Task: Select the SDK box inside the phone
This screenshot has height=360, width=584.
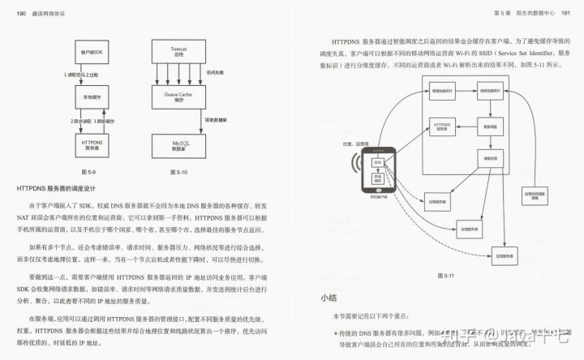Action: point(377,162)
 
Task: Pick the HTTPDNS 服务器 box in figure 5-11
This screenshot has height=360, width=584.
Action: point(443,126)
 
